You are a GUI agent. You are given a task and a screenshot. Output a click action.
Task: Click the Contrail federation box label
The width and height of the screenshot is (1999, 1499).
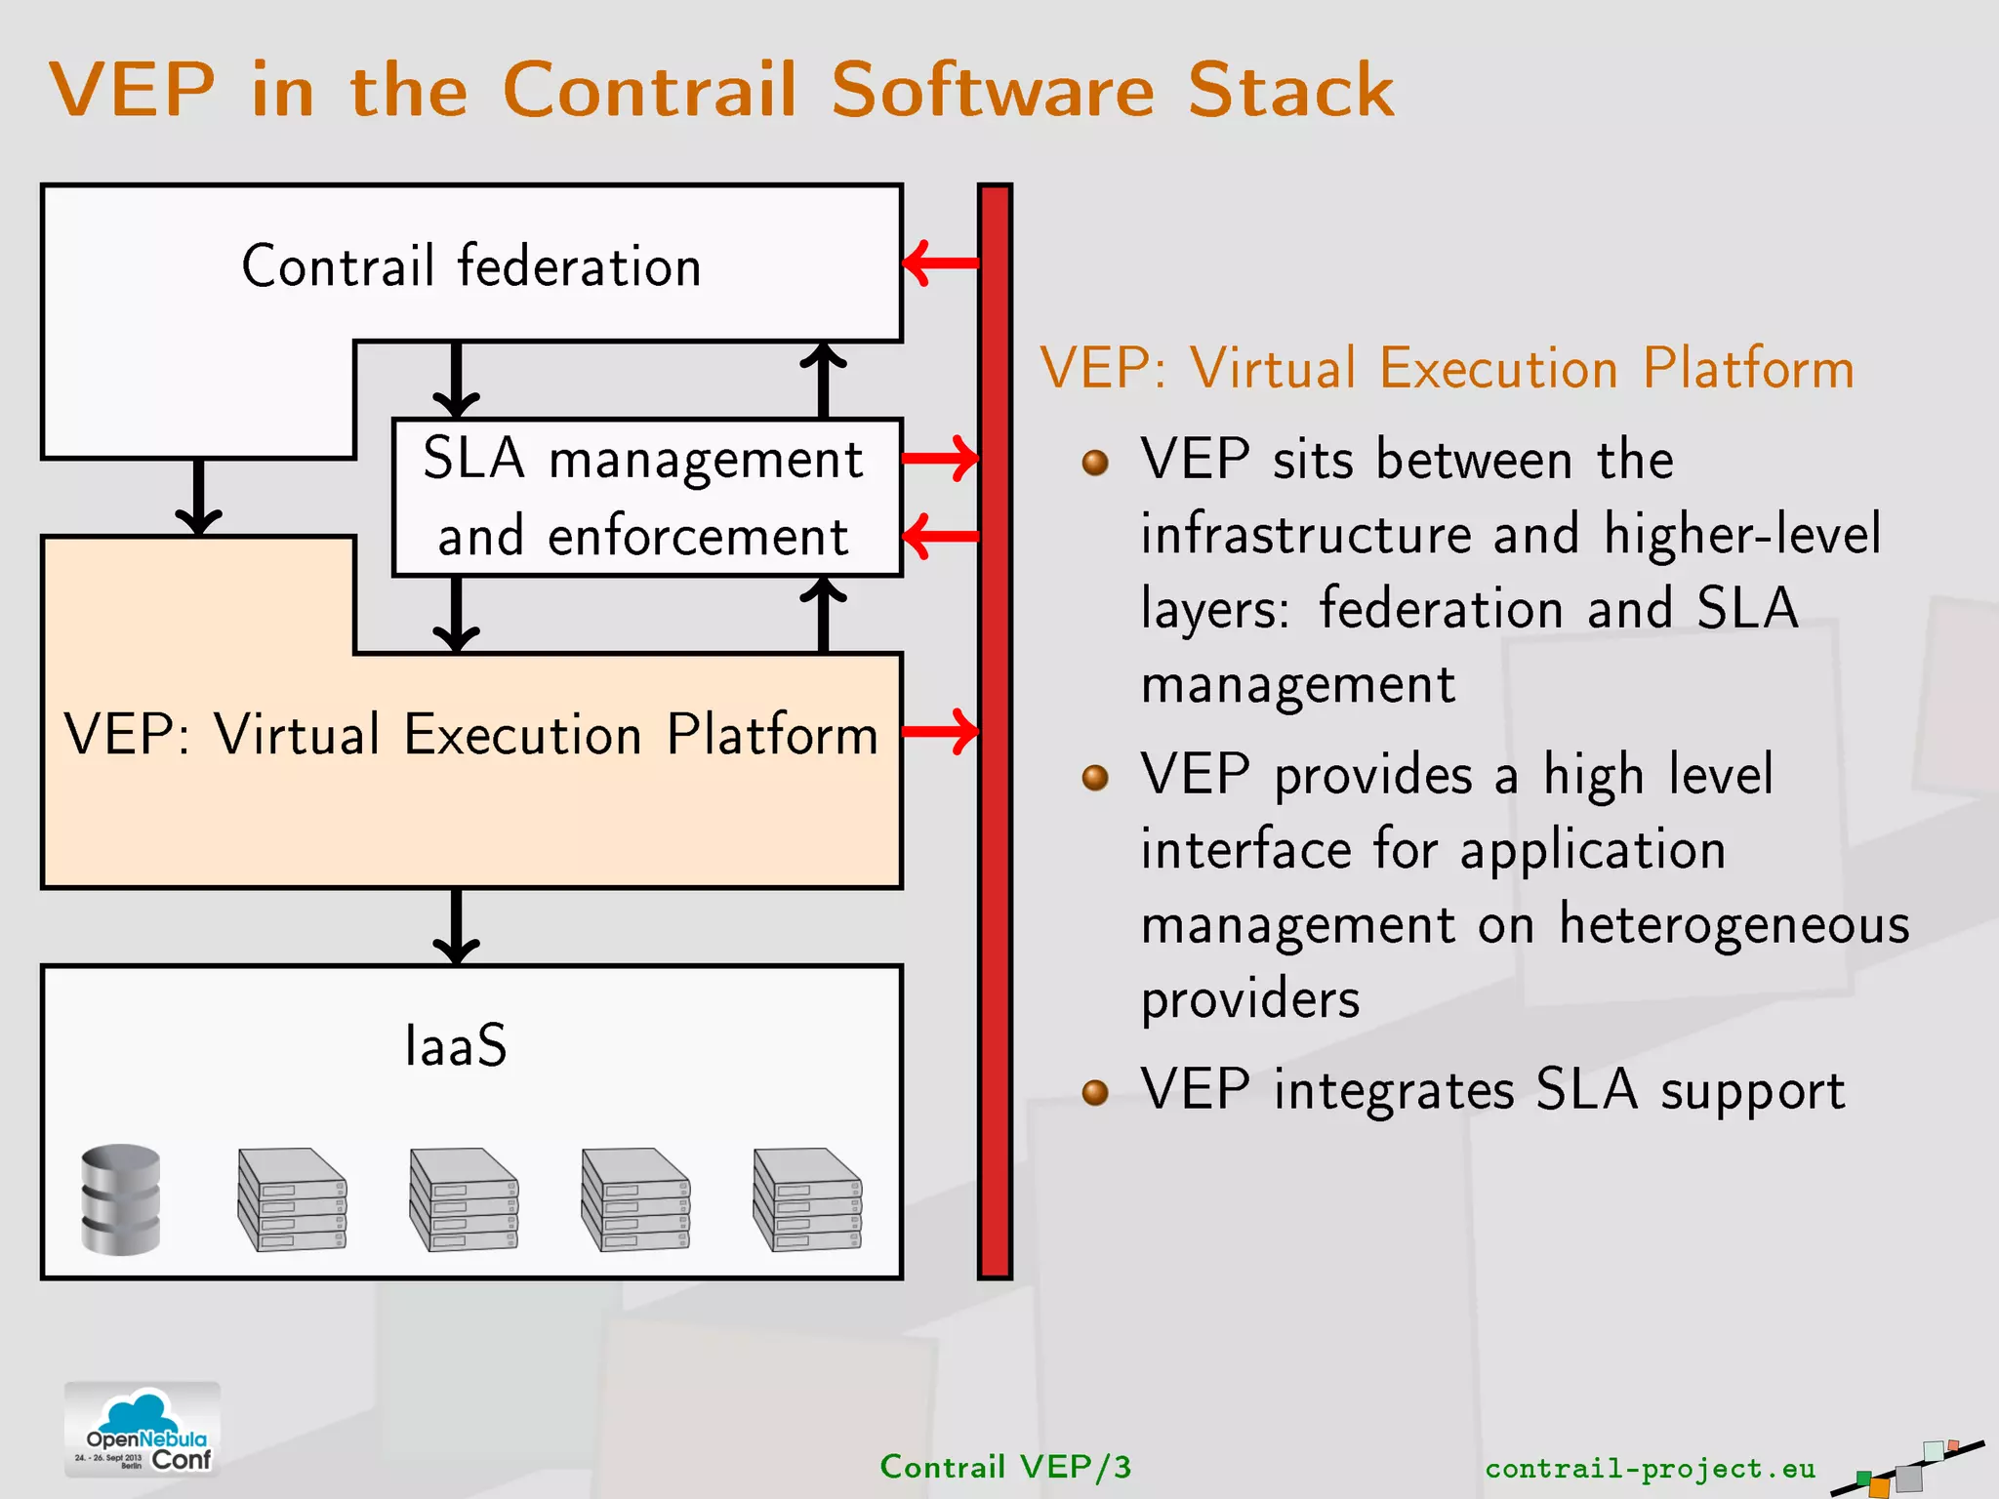pyautogui.click(x=471, y=266)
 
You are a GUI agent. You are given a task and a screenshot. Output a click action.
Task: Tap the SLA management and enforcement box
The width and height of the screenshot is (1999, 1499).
pyautogui.click(x=645, y=497)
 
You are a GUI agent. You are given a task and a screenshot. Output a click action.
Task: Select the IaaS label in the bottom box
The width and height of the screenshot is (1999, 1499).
pyautogui.click(x=456, y=1046)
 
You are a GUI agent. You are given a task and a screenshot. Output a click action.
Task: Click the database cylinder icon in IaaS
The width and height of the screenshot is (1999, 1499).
pyautogui.click(x=120, y=1199)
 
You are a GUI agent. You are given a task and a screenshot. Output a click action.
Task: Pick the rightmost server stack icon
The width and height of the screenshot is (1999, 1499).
pyautogui.click(x=807, y=1199)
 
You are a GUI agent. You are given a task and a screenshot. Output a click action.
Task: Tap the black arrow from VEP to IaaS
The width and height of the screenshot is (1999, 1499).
pyautogui.click(x=456, y=926)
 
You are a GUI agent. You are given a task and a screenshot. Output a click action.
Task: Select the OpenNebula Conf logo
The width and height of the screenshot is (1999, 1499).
pyautogui.click(x=143, y=1430)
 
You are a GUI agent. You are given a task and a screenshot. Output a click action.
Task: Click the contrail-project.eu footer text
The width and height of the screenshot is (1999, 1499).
pyautogui.click(x=1650, y=1468)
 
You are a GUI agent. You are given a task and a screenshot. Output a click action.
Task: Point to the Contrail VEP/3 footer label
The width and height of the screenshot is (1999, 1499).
pyautogui.click(x=1005, y=1467)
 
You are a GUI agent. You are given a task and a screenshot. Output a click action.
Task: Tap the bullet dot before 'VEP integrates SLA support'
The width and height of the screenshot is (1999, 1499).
pyautogui.click(x=1095, y=1091)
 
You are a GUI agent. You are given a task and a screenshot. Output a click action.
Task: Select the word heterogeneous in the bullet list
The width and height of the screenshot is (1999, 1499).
pyautogui.click(x=1734, y=924)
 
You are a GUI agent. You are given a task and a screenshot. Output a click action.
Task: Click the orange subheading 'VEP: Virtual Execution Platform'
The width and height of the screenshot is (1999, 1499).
pyautogui.click(x=1447, y=369)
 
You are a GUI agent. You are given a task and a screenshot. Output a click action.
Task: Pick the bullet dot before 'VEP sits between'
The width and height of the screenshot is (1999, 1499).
pyautogui.click(x=1095, y=462)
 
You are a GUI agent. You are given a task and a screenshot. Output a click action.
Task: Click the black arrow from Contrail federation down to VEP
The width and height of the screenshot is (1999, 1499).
pyautogui.click(x=199, y=497)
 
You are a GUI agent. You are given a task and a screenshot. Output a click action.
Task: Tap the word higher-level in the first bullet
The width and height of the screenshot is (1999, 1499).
pyautogui.click(x=1742, y=535)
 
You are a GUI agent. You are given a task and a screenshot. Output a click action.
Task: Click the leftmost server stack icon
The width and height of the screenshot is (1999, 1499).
pyautogui.click(x=292, y=1199)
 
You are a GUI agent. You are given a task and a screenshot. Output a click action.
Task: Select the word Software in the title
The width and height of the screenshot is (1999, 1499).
pyautogui.click(x=993, y=90)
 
